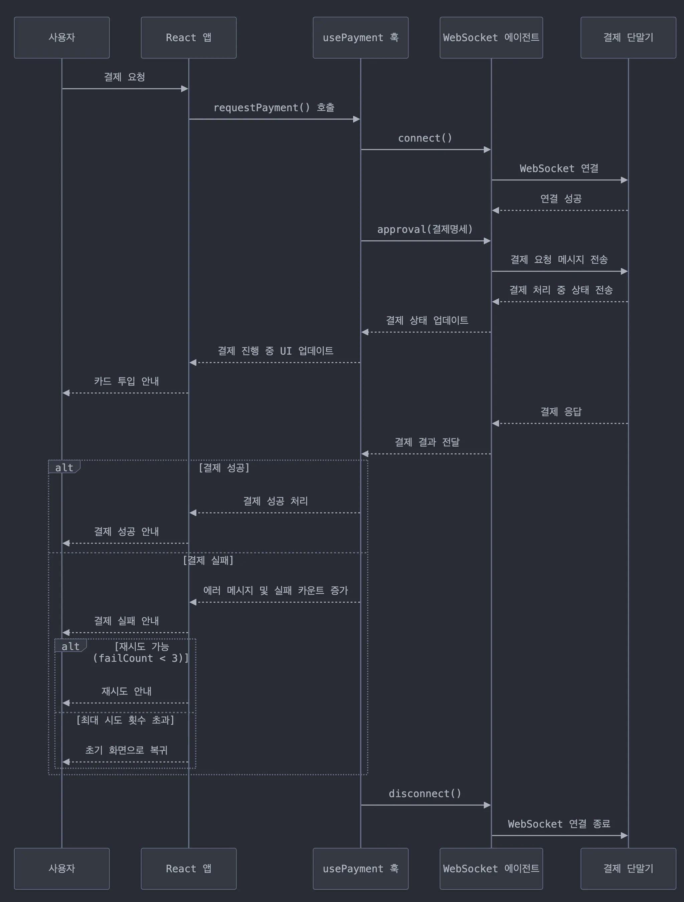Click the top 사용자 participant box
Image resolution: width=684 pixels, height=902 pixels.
pos(62,37)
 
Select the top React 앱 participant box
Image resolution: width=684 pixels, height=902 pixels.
pos(189,37)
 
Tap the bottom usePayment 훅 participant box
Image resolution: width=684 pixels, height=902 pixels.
pos(360,869)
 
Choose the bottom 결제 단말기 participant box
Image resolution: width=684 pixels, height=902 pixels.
pos(628,869)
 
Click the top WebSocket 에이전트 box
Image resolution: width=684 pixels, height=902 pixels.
pos(491,37)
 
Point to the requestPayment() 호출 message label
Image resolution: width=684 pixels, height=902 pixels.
pos(274,108)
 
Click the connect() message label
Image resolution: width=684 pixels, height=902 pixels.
pos(425,138)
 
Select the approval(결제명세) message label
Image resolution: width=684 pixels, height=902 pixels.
pos(425,230)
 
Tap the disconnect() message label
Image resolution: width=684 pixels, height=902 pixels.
pos(425,794)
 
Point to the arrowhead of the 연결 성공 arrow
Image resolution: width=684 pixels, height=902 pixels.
pos(495,211)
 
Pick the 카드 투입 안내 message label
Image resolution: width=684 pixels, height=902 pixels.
pos(126,381)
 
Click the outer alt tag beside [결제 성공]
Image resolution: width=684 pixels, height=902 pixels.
pos(64,467)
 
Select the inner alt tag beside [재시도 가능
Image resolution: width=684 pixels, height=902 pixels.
pos(70,646)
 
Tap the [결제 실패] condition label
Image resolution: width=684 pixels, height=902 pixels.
pos(208,560)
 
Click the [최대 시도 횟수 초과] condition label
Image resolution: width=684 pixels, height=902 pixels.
pos(125,720)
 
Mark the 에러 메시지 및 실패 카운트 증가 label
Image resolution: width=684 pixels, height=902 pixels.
pos(276,590)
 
